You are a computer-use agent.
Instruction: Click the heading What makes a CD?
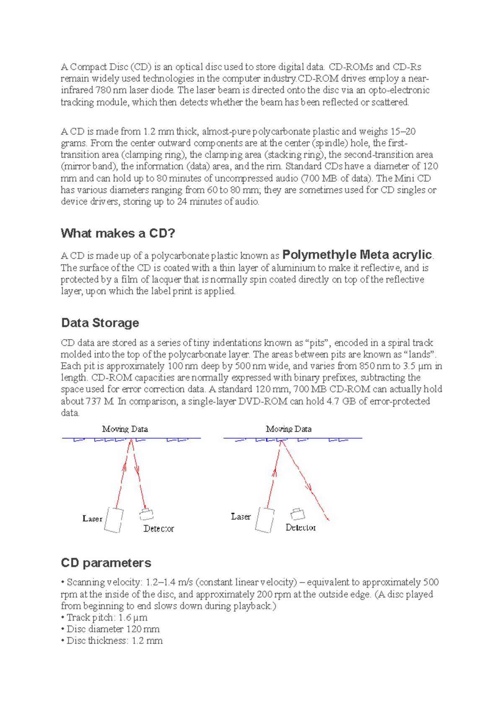pos(118,233)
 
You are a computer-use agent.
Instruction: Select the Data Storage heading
pos(100,323)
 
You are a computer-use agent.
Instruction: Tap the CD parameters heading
pos(106,563)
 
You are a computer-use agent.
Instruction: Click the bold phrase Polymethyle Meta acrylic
pos(357,255)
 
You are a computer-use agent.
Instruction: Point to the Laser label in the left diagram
pos(92,519)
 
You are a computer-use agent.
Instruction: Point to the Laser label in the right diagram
pos(241,517)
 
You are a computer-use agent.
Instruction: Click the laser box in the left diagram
pos(114,520)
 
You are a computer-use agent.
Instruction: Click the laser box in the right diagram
pos(265,520)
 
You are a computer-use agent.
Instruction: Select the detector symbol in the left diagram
pos(146,515)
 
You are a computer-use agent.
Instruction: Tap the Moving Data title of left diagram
pos(125,429)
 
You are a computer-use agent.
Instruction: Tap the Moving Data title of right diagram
pos(288,429)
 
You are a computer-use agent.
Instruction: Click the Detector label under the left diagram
pos(158,529)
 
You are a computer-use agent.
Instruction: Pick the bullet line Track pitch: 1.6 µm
pos(107,618)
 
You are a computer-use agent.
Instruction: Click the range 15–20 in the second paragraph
pos(403,132)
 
